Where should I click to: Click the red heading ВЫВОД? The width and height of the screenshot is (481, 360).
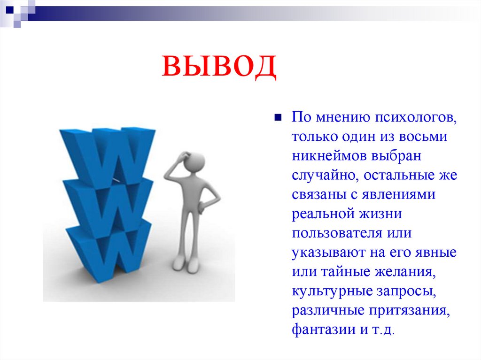219,67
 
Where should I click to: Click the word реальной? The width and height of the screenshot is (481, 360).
322,214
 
